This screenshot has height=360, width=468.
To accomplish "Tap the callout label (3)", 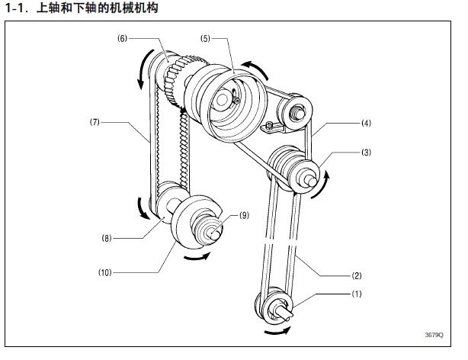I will [x=366, y=153].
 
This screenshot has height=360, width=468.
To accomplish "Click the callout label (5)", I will [x=205, y=38].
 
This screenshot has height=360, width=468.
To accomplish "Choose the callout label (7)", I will [x=95, y=121].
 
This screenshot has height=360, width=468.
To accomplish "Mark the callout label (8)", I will [x=107, y=238].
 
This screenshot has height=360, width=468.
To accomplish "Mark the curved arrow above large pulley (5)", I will [x=255, y=67].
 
